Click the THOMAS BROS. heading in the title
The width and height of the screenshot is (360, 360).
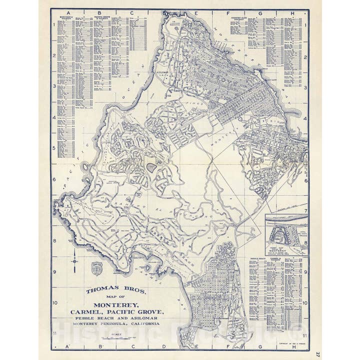pyautogui.click(x=109, y=289)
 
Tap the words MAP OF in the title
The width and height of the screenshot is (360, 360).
pyautogui.click(x=109, y=297)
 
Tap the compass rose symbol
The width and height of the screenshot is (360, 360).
pyautogui.click(x=74, y=260)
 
